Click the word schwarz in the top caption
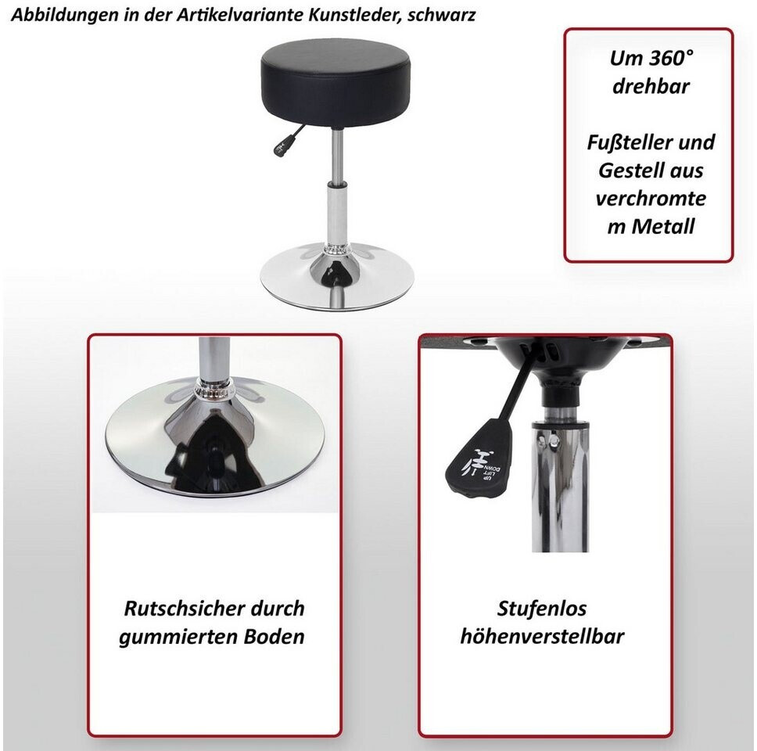(x=441, y=16)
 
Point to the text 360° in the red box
(x=671, y=58)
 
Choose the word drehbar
(x=651, y=87)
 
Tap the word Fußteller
(x=622, y=142)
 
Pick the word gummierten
(x=178, y=638)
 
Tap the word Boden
(x=274, y=637)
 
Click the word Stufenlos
(x=542, y=609)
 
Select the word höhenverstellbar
(x=542, y=637)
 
